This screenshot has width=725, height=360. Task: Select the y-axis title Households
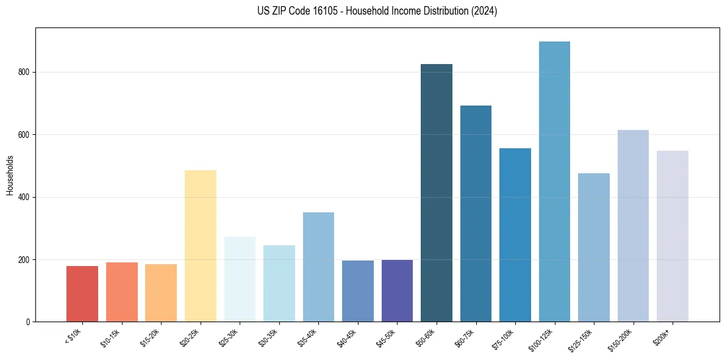click(x=10, y=175)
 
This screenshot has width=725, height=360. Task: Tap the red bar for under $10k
click(x=82, y=293)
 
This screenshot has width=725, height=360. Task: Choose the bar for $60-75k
click(x=476, y=214)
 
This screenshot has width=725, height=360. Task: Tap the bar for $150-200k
click(x=633, y=226)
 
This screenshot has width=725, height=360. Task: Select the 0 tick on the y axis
click(x=29, y=322)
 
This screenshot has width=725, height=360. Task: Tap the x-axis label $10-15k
click(x=110, y=337)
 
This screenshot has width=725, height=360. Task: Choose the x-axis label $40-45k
click(x=346, y=337)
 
